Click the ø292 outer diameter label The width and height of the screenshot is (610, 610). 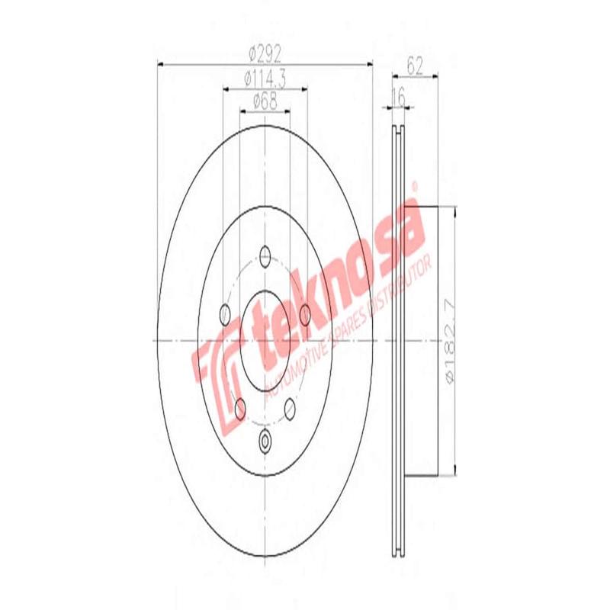(265, 54)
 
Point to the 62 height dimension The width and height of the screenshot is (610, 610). (415, 66)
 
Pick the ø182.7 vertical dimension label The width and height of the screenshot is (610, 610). (450, 341)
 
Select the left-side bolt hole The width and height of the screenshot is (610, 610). (225, 313)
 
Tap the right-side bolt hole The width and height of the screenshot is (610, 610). (305, 313)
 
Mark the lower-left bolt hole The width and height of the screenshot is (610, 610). (240, 409)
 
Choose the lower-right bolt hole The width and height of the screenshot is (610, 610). (290, 409)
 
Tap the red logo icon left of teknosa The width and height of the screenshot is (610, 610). (217, 365)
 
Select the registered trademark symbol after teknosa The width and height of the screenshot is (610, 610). (416, 186)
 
